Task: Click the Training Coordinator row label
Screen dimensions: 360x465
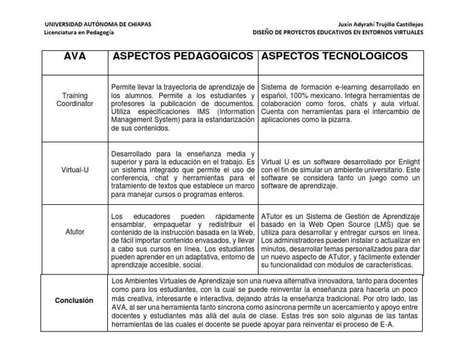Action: click(75, 99)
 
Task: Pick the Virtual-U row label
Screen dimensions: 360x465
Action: click(75, 170)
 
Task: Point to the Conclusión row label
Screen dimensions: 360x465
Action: click(74, 300)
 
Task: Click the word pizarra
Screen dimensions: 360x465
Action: click(338, 120)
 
